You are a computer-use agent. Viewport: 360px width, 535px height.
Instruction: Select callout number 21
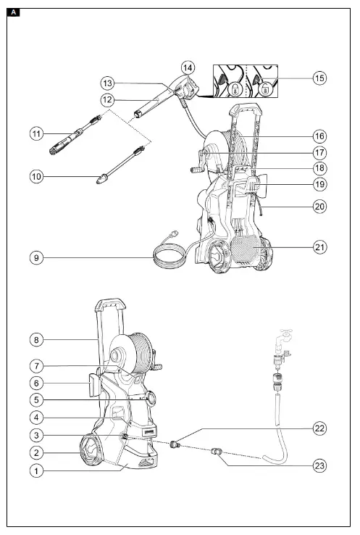point(319,248)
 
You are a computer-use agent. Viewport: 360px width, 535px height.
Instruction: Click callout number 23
point(319,466)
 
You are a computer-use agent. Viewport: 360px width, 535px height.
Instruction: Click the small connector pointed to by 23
point(215,454)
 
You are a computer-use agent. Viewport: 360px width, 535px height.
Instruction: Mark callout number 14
point(188,67)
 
